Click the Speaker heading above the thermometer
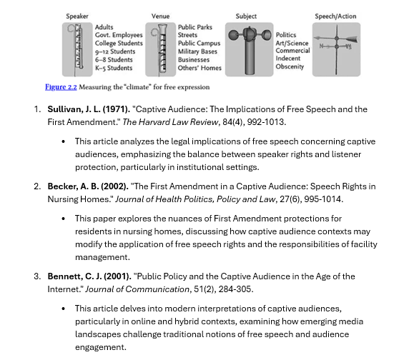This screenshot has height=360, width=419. coord(77,16)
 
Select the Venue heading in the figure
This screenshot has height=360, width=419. coord(160,16)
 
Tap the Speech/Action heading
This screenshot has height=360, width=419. coord(335,16)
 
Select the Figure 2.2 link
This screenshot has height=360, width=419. coord(61,87)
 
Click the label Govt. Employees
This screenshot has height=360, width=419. coord(119,35)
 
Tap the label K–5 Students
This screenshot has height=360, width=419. coord(114,68)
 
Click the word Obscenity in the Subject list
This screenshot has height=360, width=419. coord(290,66)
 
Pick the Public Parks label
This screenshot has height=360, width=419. coord(195,27)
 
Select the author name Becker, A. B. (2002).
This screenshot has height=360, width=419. coord(87,186)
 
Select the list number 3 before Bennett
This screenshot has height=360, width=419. coord(37,276)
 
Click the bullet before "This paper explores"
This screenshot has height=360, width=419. coord(64,219)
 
